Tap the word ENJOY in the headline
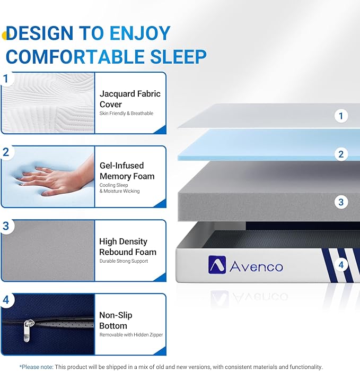coord(140,33)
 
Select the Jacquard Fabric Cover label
coord(130,99)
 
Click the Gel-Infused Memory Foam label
coord(127,171)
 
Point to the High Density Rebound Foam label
coord(128,247)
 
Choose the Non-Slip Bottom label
coord(116,320)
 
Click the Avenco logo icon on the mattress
coord(216,264)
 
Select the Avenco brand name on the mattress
coord(256,266)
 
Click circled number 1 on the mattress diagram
coord(341,116)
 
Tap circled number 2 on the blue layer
coord(341,154)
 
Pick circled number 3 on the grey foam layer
coord(341,202)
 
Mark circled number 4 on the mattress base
coord(341,264)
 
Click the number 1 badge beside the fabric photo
coord(6,79)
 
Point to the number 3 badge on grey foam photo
coord(6,226)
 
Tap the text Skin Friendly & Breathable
coord(126,113)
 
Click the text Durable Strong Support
coord(124,261)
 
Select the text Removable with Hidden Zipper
coord(131,335)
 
